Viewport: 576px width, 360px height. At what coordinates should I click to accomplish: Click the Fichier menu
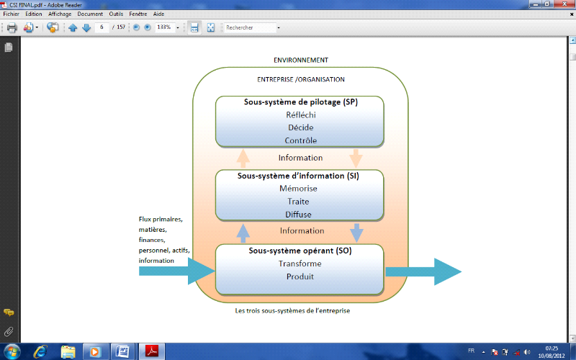click(x=11, y=14)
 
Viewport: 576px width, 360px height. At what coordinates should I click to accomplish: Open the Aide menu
click(x=158, y=14)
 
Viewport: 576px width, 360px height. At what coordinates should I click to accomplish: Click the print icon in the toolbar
click(x=12, y=28)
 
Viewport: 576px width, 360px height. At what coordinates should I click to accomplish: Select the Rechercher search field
click(x=248, y=28)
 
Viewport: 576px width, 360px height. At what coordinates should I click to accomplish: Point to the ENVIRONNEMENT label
click(x=301, y=60)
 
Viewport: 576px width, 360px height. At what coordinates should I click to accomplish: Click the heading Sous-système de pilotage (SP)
click(x=300, y=102)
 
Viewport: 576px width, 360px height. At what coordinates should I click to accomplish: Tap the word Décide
click(x=300, y=127)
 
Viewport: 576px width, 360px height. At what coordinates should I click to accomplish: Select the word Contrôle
click(x=300, y=140)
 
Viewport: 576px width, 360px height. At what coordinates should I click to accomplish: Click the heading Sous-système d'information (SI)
click(x=298, y=176)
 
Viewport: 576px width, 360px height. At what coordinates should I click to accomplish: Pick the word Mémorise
click(x=298, y=189)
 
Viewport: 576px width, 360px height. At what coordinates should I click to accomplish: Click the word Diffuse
click(x=298, y=214)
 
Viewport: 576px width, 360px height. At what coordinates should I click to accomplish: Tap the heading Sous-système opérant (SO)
click(x=300, y=251)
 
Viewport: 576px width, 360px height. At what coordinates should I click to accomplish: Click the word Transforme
click(x=300, y=264)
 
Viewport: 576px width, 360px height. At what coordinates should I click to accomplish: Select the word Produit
click(x=300, y=276)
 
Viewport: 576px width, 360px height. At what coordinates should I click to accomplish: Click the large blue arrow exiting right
click(x=425, y=271)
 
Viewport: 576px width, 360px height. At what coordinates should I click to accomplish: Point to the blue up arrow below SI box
click(x=243, y=232)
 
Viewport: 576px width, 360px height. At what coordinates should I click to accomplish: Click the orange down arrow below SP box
click(x=356, y=158)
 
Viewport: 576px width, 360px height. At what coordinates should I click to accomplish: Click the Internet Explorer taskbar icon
click(x=40, y=351)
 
